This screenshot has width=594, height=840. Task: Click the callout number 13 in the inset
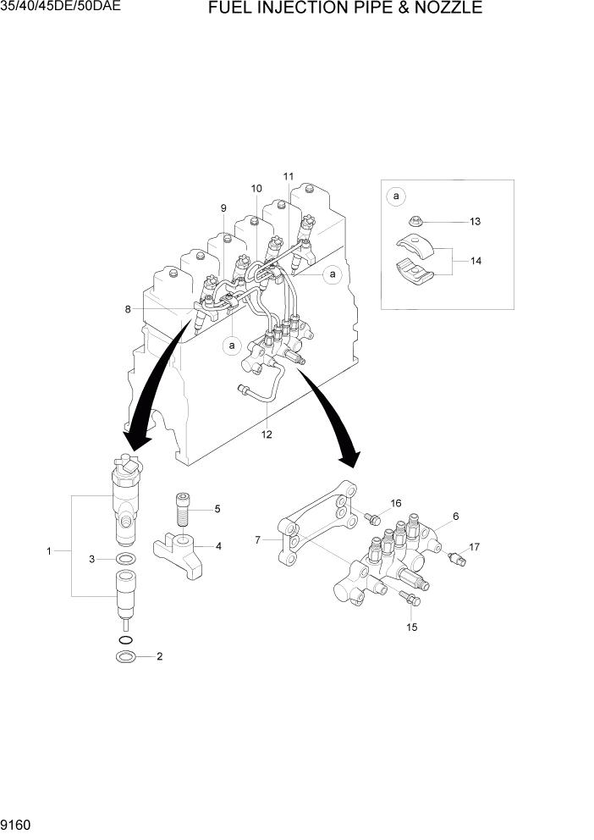(475, 221)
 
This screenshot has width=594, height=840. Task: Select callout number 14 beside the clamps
(476, 261)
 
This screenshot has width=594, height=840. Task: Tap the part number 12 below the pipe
(267, 434)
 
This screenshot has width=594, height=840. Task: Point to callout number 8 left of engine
(128, 309)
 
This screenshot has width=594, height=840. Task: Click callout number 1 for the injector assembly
(49, 551)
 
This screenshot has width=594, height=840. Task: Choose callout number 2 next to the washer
(159, 656)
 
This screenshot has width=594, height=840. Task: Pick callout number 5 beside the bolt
(217, 509)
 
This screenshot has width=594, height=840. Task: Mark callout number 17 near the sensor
(475, 547)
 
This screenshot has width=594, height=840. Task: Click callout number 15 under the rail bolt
(412, 627)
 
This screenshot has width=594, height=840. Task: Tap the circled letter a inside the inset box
(396, 197)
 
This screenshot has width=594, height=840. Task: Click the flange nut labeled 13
(417, 222)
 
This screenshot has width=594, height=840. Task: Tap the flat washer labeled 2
(125, 657)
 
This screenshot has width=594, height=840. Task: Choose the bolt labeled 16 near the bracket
(371, 516)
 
